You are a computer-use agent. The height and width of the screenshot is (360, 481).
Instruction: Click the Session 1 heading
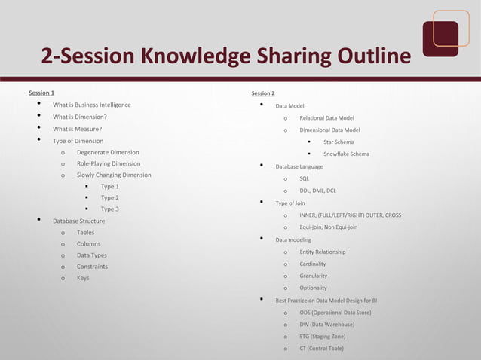41,93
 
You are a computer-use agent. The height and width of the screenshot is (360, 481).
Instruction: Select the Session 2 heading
262,93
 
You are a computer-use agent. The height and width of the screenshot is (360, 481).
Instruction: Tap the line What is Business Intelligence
91,105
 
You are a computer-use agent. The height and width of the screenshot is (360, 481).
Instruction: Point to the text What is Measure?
78,129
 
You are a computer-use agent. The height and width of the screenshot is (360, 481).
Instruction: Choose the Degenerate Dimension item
108,152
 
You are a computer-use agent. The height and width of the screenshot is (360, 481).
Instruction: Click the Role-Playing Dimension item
108,163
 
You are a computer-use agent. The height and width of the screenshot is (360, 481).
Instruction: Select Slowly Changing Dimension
114,175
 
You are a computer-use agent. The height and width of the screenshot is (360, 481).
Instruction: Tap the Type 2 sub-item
110,197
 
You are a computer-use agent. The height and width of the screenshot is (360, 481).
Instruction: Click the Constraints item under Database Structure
92,267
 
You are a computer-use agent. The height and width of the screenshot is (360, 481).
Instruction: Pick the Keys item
83,278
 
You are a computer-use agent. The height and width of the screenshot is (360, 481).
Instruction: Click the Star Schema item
339,142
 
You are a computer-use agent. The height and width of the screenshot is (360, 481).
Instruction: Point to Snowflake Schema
346,154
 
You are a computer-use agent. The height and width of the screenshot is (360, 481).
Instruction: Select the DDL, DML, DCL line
317,191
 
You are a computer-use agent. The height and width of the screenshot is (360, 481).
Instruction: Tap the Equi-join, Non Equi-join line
328,227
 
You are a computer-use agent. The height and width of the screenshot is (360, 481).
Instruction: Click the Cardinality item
313,264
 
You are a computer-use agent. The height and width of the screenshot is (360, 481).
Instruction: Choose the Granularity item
313,276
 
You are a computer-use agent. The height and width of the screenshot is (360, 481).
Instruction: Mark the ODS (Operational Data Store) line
335,312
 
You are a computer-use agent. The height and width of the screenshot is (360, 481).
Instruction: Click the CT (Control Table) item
321,348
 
